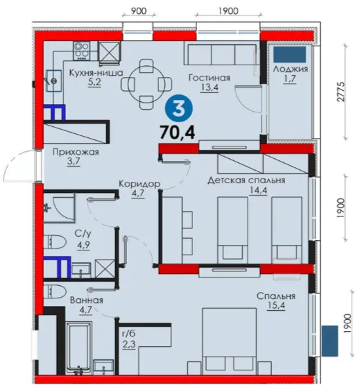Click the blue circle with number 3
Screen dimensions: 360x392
179,110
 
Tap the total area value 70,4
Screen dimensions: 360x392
178,133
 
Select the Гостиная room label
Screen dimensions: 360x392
209,78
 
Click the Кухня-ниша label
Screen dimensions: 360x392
96,73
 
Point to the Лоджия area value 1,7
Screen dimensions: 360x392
290,79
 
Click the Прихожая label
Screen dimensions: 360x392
76,152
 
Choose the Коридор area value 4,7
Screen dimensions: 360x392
138,194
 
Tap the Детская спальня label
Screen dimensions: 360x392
246,180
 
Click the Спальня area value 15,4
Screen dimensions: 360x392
276,305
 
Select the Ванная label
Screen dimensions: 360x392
87,300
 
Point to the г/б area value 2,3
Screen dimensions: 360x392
129,344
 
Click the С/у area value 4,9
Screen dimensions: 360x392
83,245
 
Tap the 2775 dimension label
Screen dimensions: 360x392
341,92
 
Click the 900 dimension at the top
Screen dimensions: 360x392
139,11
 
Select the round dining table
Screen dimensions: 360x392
147,84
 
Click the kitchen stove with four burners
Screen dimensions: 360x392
81,51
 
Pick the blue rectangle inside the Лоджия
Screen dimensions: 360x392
289,54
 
